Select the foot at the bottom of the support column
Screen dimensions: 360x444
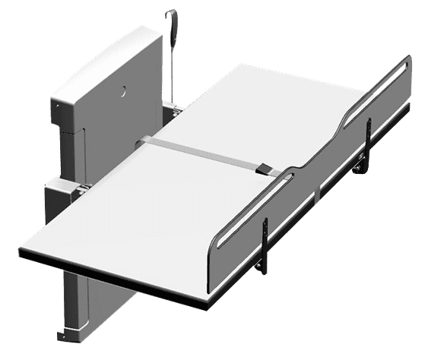tap(68, 335)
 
